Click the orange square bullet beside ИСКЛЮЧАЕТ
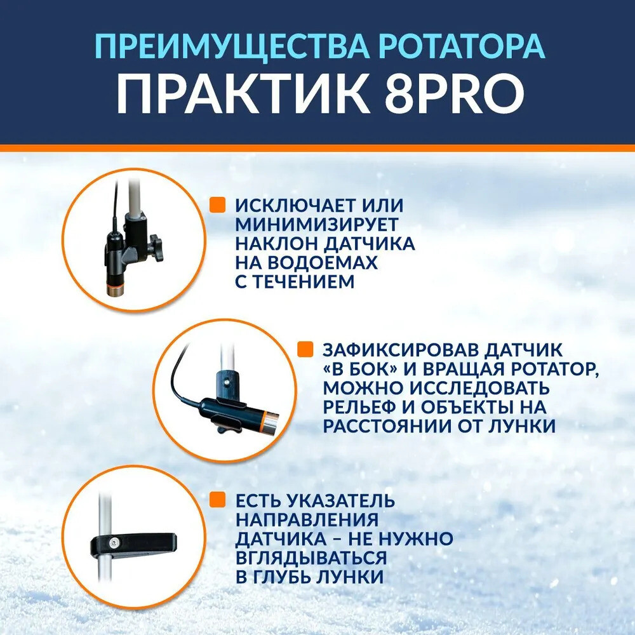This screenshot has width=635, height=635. click(x=217, y=204)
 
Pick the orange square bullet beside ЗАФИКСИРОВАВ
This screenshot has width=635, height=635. click(x=305, y=349)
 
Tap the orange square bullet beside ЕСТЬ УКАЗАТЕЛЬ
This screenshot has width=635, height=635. click(x=217, y=499)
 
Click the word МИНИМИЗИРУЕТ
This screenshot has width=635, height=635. click(x=317, y=224)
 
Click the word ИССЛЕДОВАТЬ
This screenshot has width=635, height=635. click(x=479, y=388)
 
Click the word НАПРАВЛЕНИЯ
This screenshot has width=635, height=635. click(x=307, y=519)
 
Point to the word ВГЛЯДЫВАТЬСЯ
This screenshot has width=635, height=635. click(x=311, y=558)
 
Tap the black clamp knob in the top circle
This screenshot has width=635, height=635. click(x=154, y=244)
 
